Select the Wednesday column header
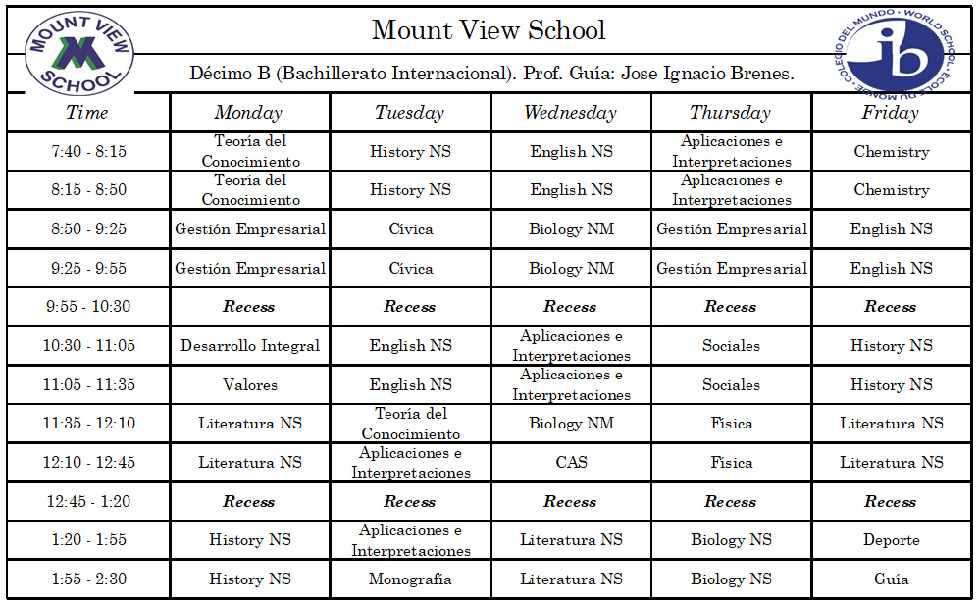click(x=570, y=113)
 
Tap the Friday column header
click(x=890, y=113)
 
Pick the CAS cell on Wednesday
click(x=571, y=463)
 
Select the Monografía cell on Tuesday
click(x=410, y=579)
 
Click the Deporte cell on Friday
click(x=891, y=540)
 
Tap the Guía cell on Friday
click(x=891, y=579)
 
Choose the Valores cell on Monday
click(x=249, y=385)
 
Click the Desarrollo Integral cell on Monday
click(x=249, y=346)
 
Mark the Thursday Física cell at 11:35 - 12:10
click(x=731, y=424)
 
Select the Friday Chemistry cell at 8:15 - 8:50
click(x=891, y=190)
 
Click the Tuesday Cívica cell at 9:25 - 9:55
click(x=410, y=269)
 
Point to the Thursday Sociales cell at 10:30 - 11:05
click(x=731, y=346)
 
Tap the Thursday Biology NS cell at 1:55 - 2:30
click(x=731, y=579)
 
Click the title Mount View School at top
click(x=489, y=30)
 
